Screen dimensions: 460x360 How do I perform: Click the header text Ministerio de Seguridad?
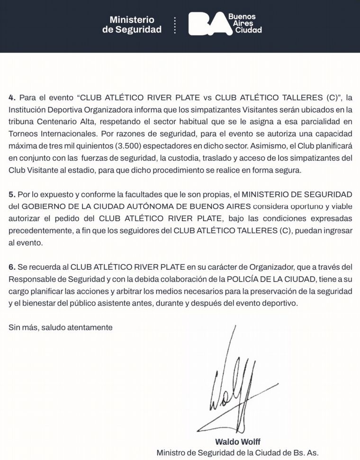click(x=132, y=25)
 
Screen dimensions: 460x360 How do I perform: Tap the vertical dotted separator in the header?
click(x=175, y=25)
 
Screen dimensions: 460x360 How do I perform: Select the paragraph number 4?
click(x=12, y=98)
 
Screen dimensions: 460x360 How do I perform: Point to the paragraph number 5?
click(x=12, y=195)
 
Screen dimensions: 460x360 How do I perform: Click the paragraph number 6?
click(x=12, y=268)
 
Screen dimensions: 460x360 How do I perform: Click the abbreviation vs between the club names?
click(x=207, y=98)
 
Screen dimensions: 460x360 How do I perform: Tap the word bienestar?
click(x=38, y=304)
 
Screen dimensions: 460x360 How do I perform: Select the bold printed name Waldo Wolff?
click(x=234, y=442)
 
